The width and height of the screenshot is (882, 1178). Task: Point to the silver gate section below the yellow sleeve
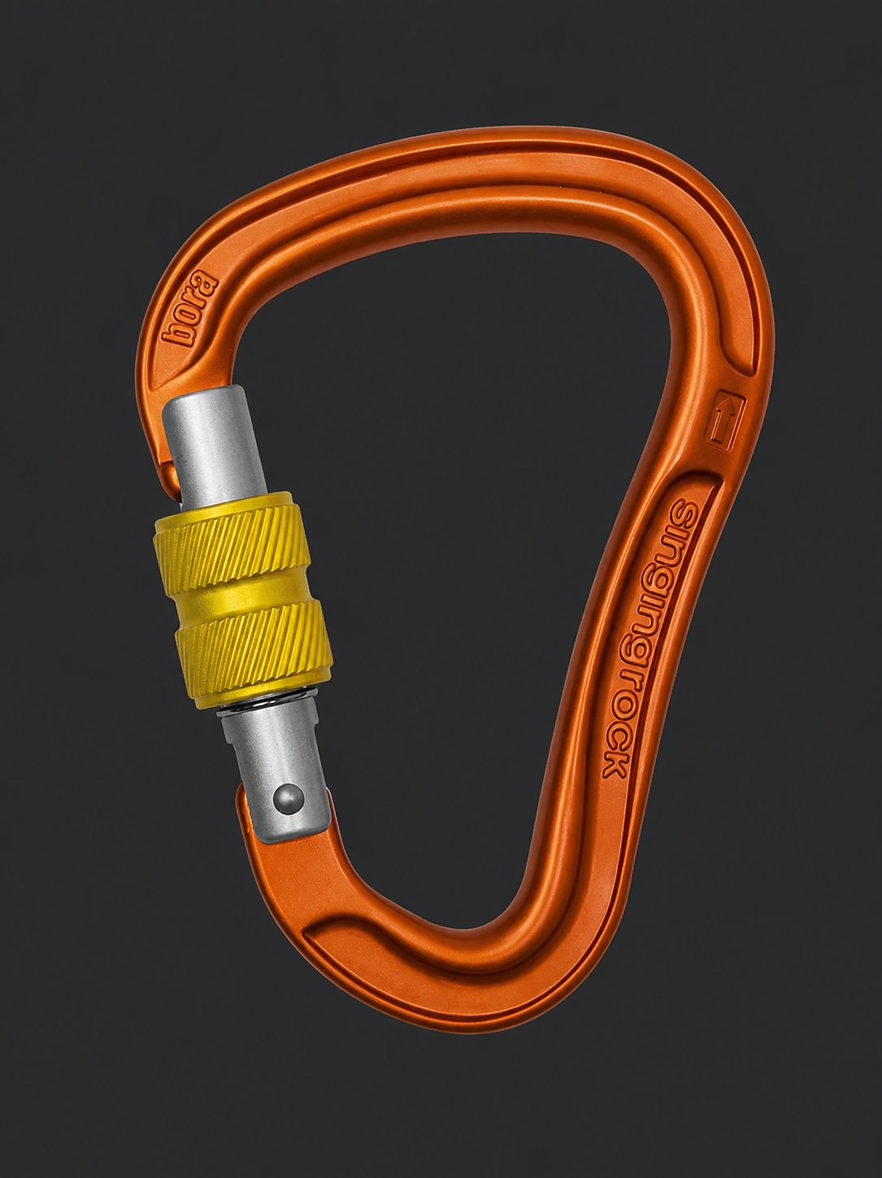277,773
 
